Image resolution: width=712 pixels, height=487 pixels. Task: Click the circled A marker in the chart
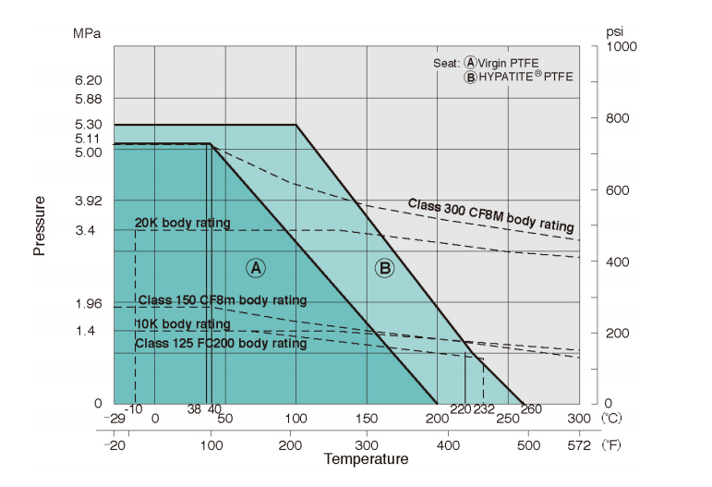pyautogui.click(x=256, y=268)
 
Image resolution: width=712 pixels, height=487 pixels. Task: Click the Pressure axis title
pyautogui.click(x=40, y=225)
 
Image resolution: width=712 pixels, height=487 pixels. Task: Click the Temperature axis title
pyautogui.click(x=366, y=459)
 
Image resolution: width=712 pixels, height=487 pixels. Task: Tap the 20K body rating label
pyautogui.click(x=183, y=223)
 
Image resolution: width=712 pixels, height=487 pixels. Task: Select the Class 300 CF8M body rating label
pyautogui.click(x=491, y=214)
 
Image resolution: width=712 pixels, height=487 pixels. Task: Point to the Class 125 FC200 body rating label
pyautogui.click(x=221, y=343)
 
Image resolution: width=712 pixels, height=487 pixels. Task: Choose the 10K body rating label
pyautogui.click(x=183, y=324)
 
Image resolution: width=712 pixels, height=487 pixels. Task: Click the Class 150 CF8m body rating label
pyautogui.click(x=222, y=300)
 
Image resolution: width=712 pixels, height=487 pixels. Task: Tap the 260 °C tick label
pyautogui.click(x=531, y=410)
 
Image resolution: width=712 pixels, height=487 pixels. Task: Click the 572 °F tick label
pyautogui.click(x=580, y=444)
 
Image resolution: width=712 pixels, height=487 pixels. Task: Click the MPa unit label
pyautogui.click(x=87, y=33)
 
